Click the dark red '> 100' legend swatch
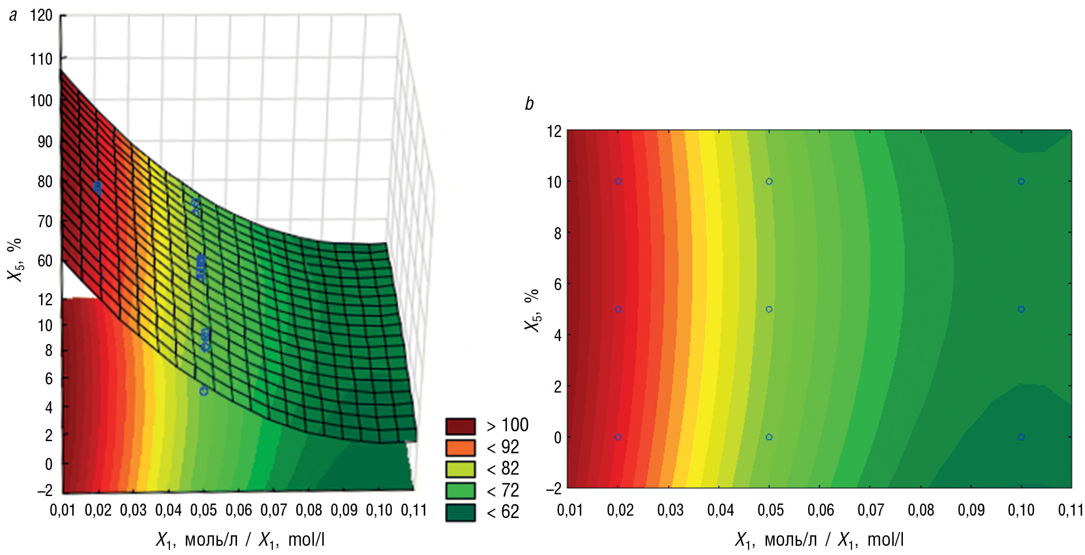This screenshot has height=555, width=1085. pos(460,426)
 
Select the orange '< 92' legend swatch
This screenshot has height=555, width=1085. pos(460,447)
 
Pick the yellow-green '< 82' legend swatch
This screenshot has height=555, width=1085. pos(460,469)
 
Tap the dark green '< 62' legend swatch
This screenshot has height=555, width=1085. pos(460,512)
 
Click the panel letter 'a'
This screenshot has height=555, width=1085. pos(13,16)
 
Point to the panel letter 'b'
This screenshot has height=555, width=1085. pos(529,103)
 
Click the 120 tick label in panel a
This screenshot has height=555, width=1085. pos(41,16)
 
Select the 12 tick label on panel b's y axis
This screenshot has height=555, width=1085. pos(554,131)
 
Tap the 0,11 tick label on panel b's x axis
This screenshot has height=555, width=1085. pos(1071,510)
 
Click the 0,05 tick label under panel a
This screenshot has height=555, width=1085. pos(203,510)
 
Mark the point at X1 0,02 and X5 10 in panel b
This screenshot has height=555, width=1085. pos(618,182)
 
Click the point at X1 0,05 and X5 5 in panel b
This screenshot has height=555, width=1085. pos(769,309)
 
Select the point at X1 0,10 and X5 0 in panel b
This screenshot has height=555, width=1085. pos(1021,437)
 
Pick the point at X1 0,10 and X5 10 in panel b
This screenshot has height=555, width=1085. pos(1021,182)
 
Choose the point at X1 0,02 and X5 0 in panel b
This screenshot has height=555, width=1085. pos(618,437)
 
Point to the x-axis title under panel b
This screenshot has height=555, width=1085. pos(819,540)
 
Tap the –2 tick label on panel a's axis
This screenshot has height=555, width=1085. pos(45,490)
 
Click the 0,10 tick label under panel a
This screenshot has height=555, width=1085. pos(379,510)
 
